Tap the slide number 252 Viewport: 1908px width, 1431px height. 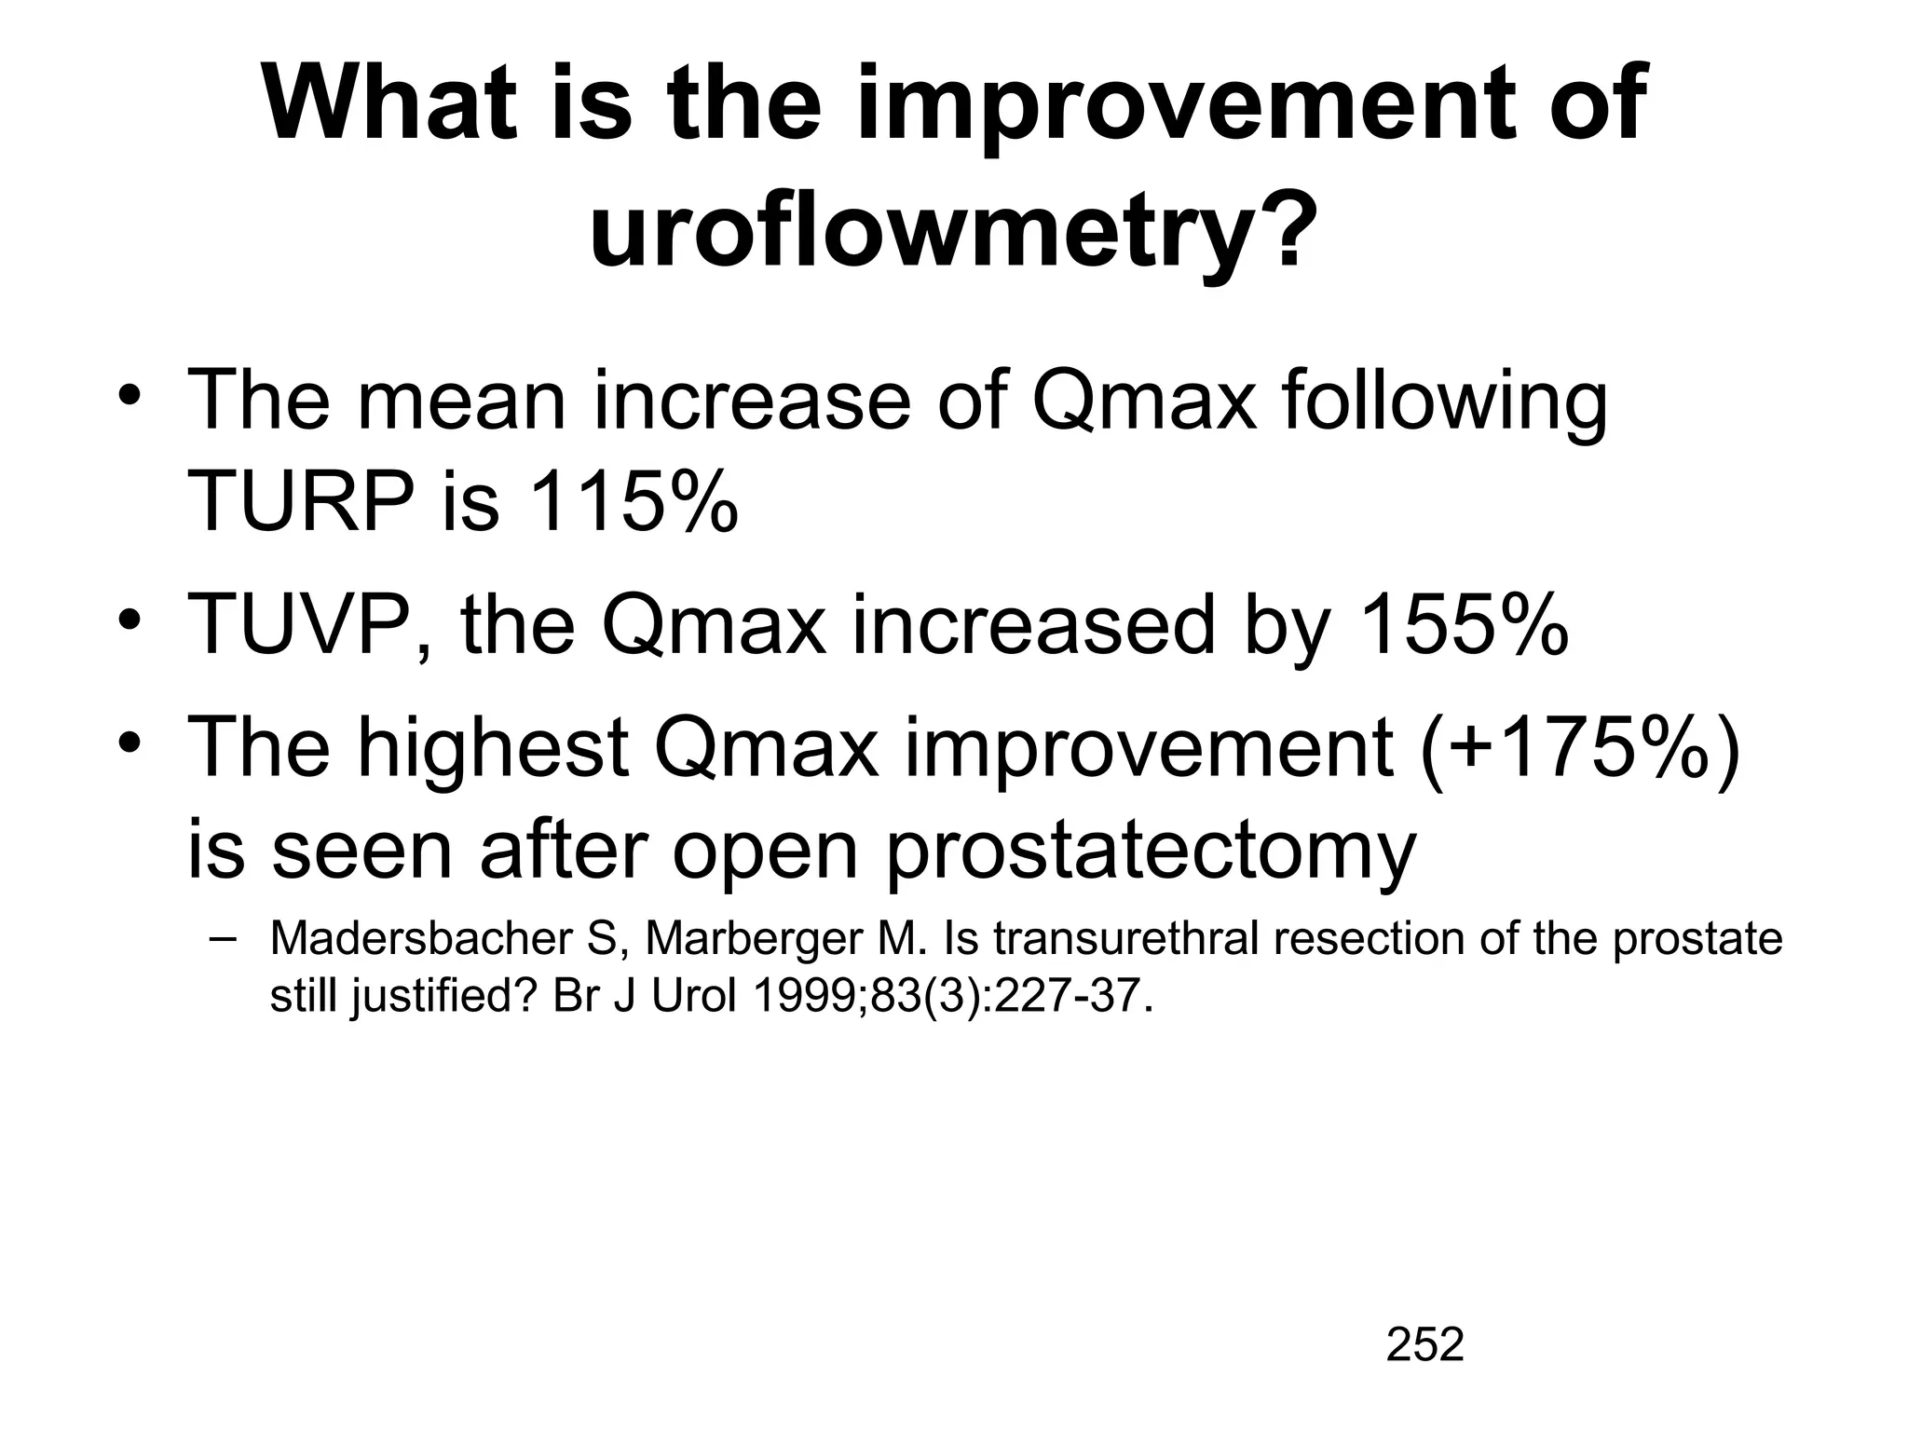pyautogui.click(x=1424, y=1344)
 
